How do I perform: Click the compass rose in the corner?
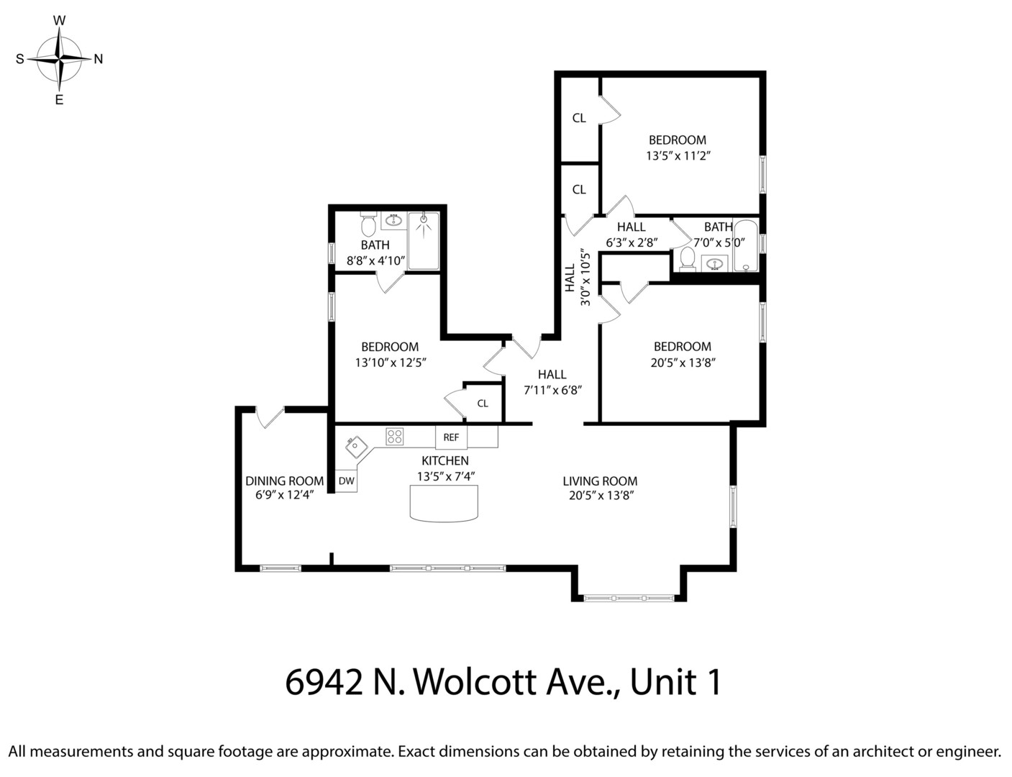point(60,59)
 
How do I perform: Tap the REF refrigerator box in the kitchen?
point(451,437)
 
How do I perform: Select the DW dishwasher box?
point(346,481)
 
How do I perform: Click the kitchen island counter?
point(444,503)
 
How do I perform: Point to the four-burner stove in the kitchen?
point(394,437)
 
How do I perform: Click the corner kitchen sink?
point(356,447)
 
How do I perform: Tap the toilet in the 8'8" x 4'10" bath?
point(368,225)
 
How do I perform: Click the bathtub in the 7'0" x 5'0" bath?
point(746,245)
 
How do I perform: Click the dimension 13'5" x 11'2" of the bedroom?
point(678,155)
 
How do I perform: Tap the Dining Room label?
point(284,481)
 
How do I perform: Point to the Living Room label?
point(600,481)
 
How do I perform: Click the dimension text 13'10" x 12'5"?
point(391,363)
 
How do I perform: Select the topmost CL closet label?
point(579,118)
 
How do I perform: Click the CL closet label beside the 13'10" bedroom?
point(483,404)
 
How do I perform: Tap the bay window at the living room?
point(629,597)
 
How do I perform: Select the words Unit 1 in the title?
point(675,682)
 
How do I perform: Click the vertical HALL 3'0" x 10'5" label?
point(578,278)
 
